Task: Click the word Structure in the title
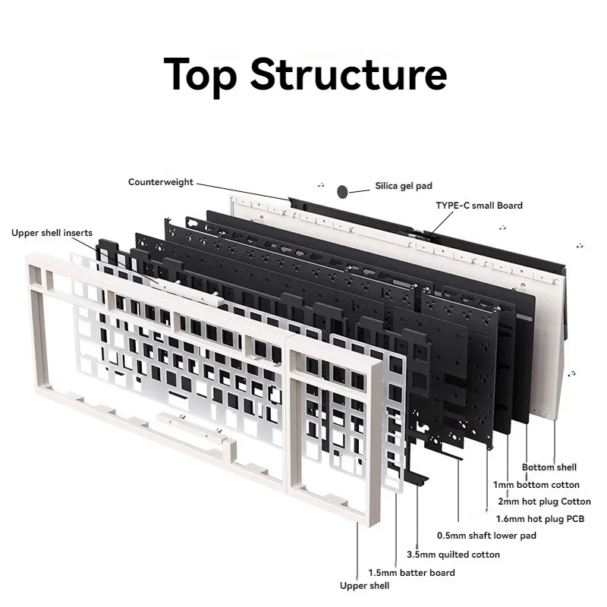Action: click(x=348, y=74)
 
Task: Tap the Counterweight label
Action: click(x=161, y=182)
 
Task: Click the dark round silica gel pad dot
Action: click(x=343, y=190)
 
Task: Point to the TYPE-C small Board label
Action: click(x=479, y=205)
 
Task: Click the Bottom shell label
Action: click(x=549, y=467)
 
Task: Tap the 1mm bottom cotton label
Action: click(x=536, y=484)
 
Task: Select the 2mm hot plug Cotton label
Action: click(x=544, y=501)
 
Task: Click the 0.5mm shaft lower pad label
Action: click(x=486, y=536)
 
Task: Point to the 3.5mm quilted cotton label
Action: click(x=454, y=555)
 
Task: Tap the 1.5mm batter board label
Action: click(x=411, y=572)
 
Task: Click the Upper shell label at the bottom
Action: click(x=364, y=586)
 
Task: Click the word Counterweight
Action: click(x=161, y=182)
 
